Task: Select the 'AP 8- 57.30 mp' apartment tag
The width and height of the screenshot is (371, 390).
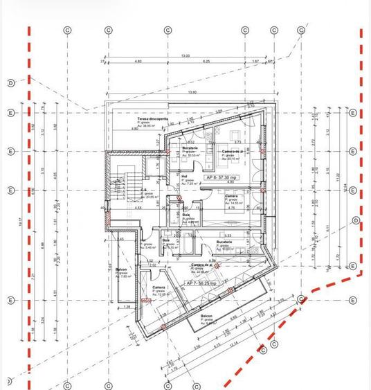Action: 219,177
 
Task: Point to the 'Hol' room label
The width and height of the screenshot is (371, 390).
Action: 185,176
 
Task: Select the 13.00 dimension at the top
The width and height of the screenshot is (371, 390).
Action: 185,55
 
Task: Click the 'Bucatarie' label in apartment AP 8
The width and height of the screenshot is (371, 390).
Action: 190,148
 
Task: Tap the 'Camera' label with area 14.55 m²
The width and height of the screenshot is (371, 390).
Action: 232,196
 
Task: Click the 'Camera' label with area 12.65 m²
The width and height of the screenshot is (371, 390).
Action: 159,287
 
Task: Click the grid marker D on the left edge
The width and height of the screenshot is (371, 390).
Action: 10,83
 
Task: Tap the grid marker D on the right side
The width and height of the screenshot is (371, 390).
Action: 355,220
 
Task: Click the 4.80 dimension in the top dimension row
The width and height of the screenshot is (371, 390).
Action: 138,62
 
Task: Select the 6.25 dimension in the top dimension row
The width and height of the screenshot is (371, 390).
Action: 206,62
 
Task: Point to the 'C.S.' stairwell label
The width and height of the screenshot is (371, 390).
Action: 143,190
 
